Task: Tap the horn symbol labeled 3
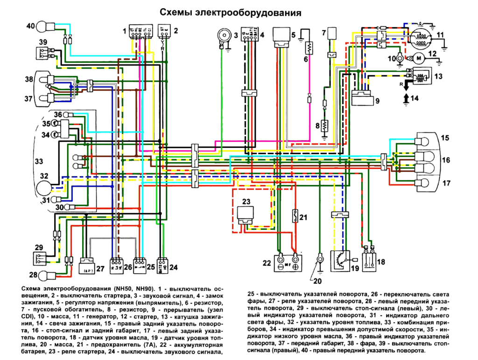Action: click(x=223, y=36)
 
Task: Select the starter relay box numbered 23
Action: click(x=246, y=213)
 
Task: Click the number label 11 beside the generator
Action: click(x=439, y=35)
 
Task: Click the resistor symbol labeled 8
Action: click(x=325, y=126)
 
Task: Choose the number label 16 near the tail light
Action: click(x=446, y=160)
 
